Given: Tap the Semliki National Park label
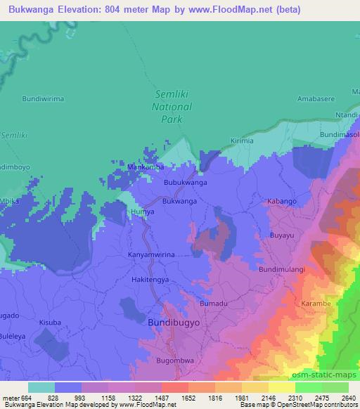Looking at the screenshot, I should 172,107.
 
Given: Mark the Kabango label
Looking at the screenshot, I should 282,202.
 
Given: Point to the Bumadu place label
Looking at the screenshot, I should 214,303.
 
